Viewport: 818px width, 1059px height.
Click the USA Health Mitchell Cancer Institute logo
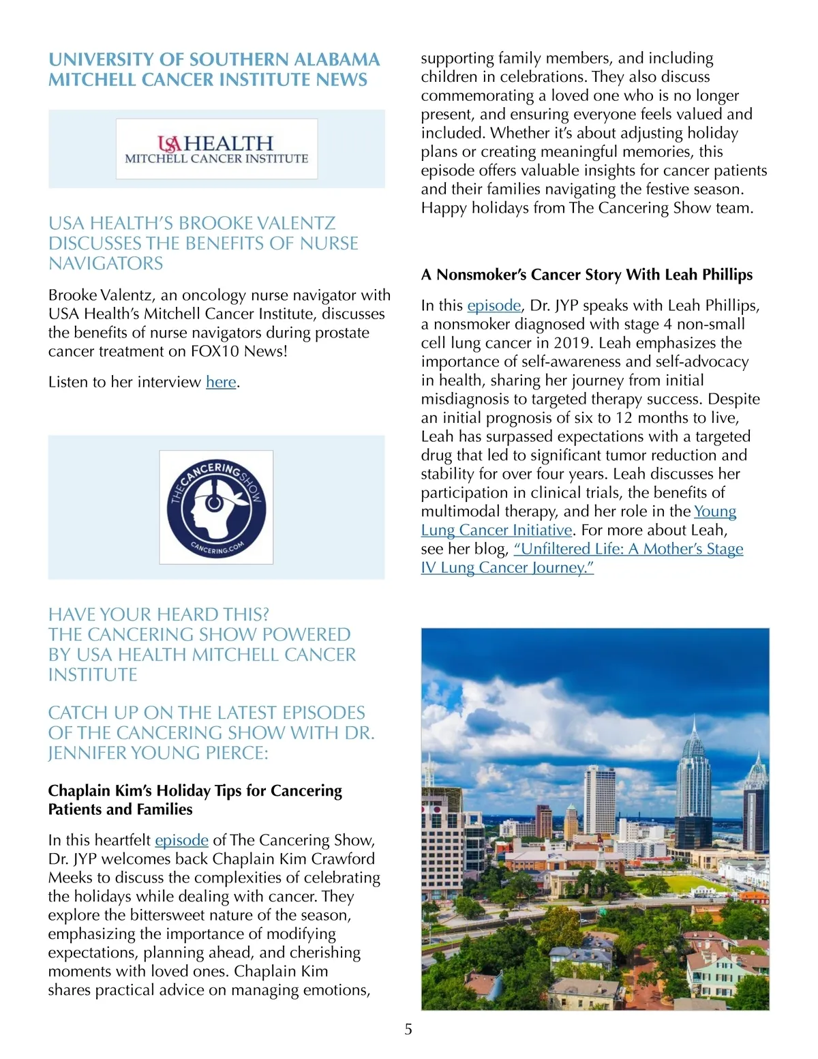(x=216, y=149)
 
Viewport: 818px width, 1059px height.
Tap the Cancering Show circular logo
(x=216, y=507)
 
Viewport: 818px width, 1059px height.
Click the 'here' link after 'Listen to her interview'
(x=221, y=383)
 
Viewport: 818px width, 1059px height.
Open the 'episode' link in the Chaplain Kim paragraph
(x=181, y=840)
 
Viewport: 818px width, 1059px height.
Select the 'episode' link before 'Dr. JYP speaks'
(x=494, y=305)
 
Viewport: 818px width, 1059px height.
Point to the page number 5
(x=408, y=1030)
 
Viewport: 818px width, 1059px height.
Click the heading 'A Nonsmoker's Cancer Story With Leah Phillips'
(x=586, y=275)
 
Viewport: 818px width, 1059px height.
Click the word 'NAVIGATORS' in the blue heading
(x=106, y=264)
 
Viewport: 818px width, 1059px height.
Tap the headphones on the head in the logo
(x=213, y=501)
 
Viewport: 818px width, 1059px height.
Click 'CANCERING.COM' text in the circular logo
(x=217, y=546)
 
